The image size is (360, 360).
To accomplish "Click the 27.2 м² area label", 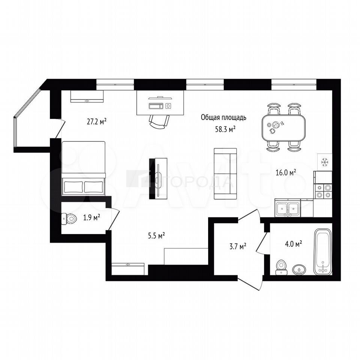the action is tap(96, 121).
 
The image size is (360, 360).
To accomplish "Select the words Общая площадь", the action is tap(223, 117).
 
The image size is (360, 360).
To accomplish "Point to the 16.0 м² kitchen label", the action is tap(286, 172).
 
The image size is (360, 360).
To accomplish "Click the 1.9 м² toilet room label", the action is tap(91, 217).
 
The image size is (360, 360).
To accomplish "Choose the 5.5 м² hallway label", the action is tap(156, 235).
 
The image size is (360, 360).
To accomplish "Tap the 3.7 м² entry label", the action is tap(238, 247).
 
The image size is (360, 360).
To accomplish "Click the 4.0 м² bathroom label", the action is tap(293, 244).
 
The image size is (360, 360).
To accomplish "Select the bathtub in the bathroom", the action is tap(322, 251).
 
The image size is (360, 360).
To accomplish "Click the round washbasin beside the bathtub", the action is tap(299, 269).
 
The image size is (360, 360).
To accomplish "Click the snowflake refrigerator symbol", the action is tap(324, 162).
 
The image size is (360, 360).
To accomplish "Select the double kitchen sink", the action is tap(288, 209).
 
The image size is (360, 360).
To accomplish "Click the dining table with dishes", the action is tap(284, 128).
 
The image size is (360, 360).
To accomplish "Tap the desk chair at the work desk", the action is tap(159, 121).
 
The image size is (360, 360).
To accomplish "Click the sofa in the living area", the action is tap(225, 174).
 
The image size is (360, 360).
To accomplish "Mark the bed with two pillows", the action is tap(83, 168).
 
